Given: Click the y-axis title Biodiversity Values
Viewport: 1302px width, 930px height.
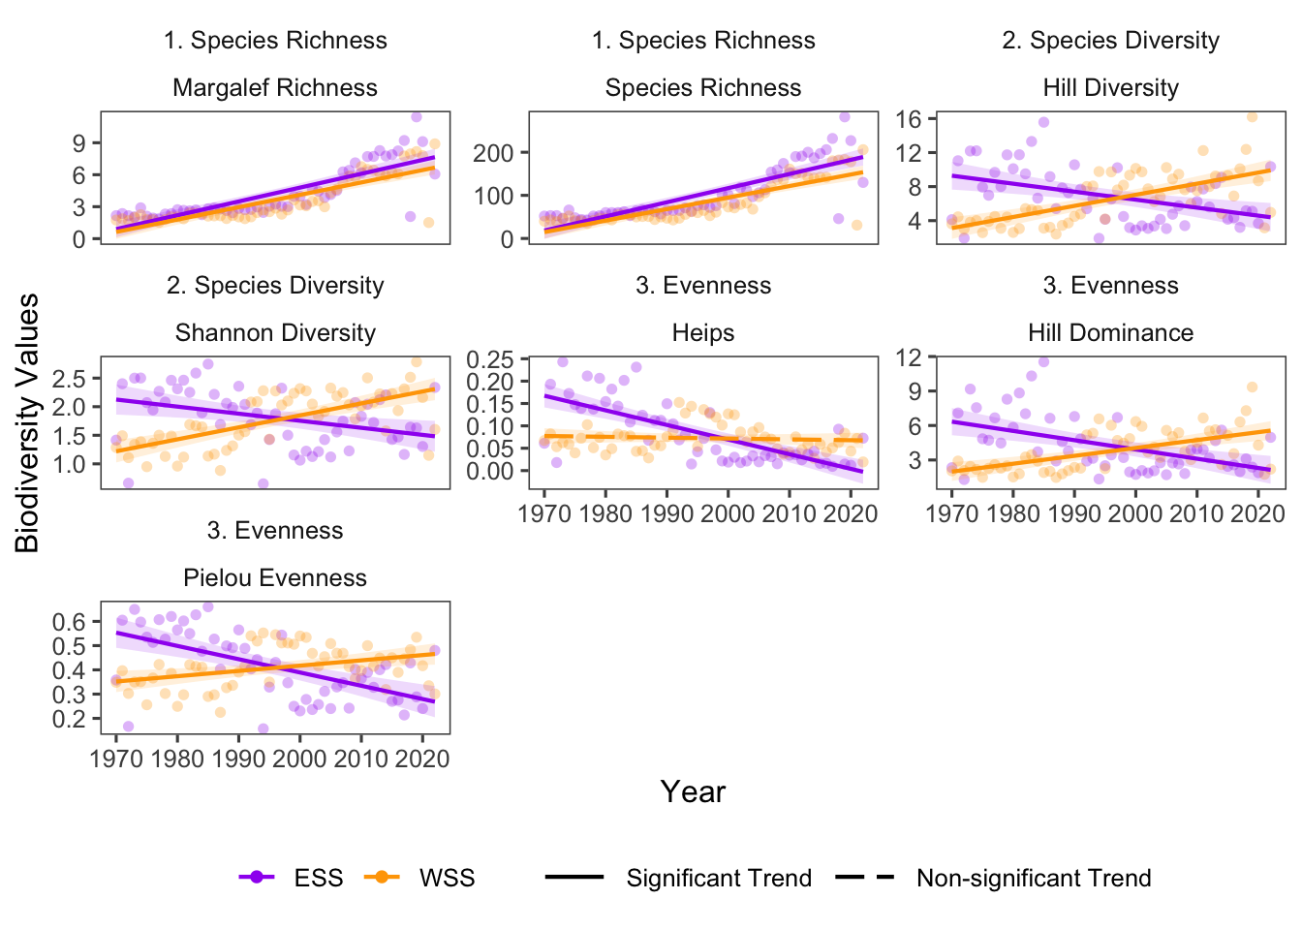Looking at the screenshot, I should tap(27, 422).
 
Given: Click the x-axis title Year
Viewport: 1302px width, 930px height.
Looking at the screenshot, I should tap(693, 791).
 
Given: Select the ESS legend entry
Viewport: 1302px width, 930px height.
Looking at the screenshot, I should tap(318, 878).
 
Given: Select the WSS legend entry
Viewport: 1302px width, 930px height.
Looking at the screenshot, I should tap(447, 878).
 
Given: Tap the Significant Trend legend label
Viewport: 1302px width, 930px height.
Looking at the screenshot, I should tap(718, 878).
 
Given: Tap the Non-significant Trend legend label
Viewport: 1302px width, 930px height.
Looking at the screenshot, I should tap(1034, 878).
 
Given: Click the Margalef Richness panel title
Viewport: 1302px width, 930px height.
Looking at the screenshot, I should tap(275, 88).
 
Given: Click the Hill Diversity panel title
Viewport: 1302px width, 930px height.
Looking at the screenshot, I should tap(1110, 88).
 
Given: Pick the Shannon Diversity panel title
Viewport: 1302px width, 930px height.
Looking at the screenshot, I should tap(275, 333).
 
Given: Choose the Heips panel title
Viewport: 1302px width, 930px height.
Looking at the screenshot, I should tap(703, 333).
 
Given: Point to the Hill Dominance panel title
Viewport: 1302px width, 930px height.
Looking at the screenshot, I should tap(1110, 333).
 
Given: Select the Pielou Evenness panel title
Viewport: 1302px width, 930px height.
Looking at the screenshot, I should tap(275, 578).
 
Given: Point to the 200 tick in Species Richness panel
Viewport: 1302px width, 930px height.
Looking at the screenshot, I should tap(493, 153).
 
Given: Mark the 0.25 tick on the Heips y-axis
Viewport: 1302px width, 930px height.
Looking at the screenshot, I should tap(489, 359).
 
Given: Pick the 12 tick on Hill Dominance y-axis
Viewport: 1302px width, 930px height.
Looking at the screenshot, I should tap(909, 357).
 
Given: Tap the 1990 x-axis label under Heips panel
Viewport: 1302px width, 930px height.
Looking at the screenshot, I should tap(666, 513).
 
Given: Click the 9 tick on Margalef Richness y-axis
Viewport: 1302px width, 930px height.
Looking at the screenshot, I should tap(79, 143).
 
